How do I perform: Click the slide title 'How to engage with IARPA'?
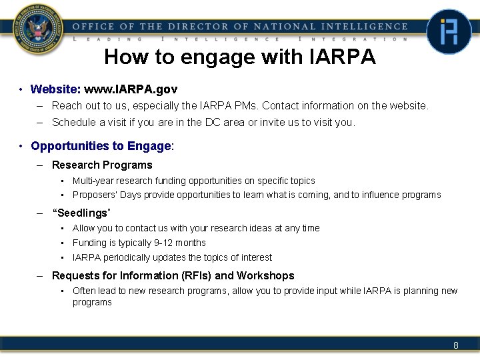coord(239,57)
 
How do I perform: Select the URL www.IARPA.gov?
coord(131,89)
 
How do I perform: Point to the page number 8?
coord(456,345)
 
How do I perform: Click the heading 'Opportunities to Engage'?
coord(101,146)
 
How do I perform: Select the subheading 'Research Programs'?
coord(102,165)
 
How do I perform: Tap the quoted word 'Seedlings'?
coord(81,213)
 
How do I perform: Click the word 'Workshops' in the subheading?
coord(265,275)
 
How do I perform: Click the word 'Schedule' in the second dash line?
coord(74,122)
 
